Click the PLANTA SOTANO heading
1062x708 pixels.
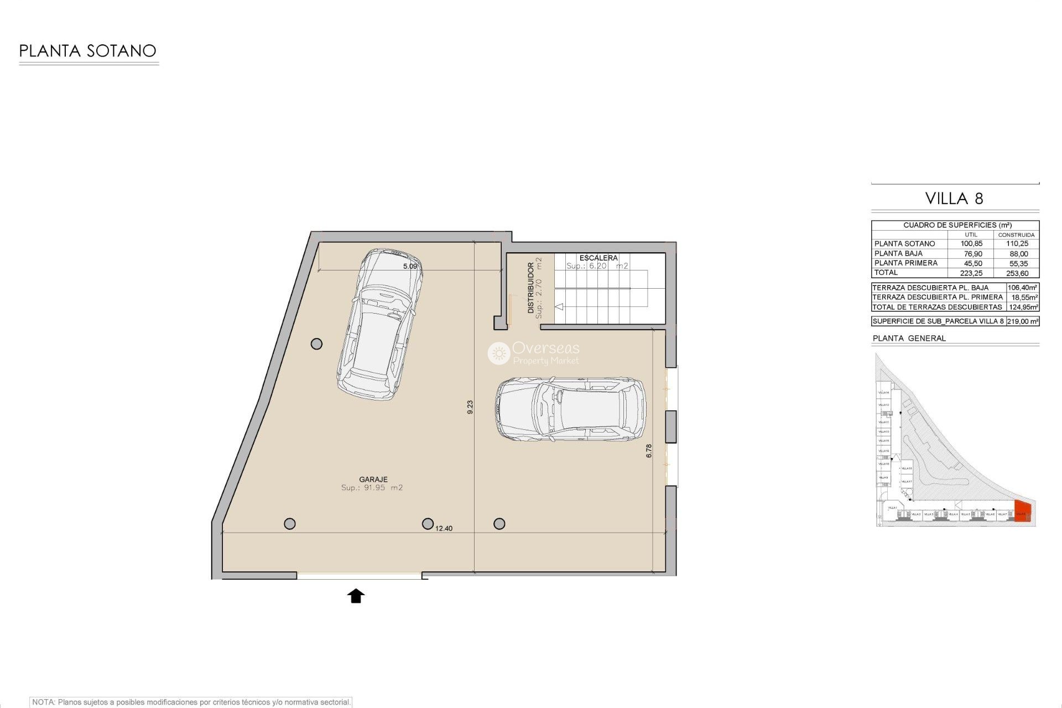point(87,51)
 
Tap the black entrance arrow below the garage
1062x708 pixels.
point(356,596)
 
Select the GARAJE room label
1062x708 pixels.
point(373,480)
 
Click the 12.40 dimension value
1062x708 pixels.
point(444,528)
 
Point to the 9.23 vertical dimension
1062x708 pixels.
point(470,407)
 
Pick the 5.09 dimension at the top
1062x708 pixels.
point(410,267)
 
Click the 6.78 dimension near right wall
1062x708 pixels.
point(649,451)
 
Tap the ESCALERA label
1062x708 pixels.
point(598,258)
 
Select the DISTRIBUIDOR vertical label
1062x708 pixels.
point(531,288)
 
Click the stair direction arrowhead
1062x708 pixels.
point(559,306)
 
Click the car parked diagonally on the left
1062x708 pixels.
point(379,324)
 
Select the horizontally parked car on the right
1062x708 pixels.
point(570,409)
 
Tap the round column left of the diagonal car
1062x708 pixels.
point(316,344)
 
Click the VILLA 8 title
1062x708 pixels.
point(954,199)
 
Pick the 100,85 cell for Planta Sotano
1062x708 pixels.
point(971,244)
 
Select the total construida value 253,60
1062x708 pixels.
point(1017,273)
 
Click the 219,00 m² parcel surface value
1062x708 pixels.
point(1022,321)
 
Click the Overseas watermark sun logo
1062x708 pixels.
point(498,353)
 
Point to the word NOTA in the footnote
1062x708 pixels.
point(43,702)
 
